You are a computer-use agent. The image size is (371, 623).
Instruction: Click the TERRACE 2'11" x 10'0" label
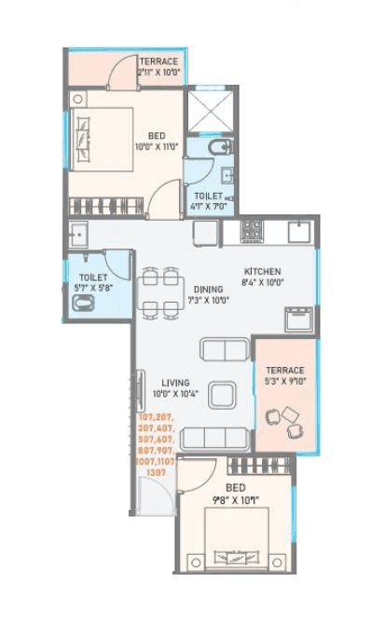coord(158,66)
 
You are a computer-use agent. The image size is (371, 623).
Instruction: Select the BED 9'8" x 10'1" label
coord(236,493)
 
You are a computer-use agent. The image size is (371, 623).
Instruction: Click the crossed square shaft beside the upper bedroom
coord(212,111)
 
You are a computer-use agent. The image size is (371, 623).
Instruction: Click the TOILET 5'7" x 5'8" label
coord(93,282)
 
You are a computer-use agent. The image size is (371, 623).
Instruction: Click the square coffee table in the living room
coord(222,396)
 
